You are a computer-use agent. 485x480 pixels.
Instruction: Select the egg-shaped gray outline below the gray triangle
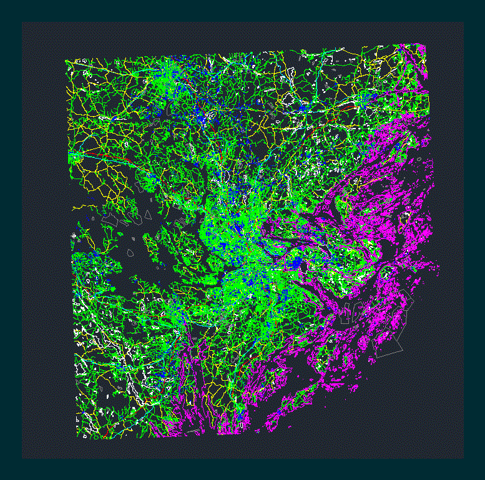click(130, 253)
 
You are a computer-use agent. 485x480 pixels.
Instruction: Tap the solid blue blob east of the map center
click(298, 265)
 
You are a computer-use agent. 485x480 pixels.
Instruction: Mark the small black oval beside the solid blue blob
click(305, 268)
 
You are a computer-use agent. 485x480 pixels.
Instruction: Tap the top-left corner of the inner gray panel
click(22, 23)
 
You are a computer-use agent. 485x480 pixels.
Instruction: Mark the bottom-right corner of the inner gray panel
click(463, 458)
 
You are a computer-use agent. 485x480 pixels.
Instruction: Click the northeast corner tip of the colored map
click(425, 44)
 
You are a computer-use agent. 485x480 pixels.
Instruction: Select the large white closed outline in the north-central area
click(288, 99)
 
